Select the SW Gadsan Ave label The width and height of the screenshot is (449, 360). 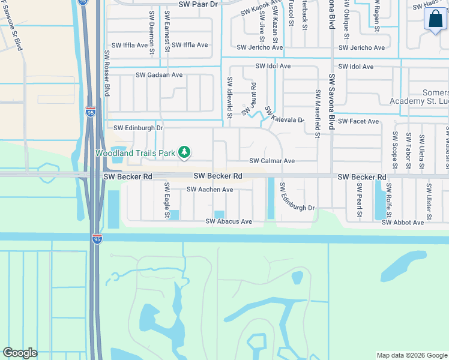point(159,75)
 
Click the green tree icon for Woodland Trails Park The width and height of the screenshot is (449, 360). point(185,153)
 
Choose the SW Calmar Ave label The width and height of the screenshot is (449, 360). point(272,161)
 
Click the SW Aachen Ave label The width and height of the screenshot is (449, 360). point(209,190)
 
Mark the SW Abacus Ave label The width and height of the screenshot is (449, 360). point(229,221)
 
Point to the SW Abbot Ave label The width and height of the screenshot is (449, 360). point(403,223)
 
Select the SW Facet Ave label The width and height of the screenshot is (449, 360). point(358,121)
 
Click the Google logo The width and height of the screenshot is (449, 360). point(20,353)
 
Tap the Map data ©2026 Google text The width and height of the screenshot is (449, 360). point(411,355)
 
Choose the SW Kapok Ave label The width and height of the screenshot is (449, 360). point(257,9)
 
